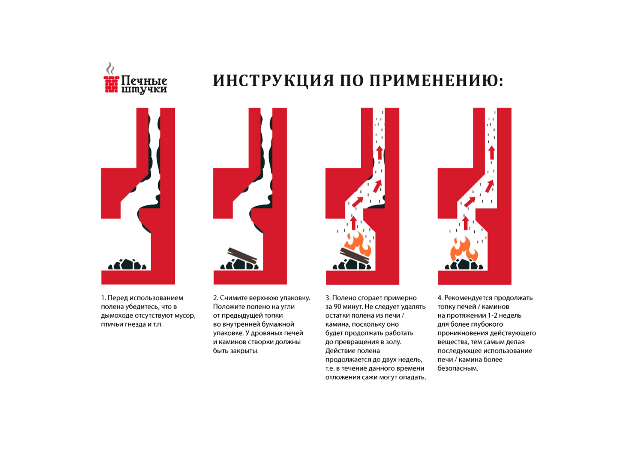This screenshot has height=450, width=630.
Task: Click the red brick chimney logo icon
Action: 111,84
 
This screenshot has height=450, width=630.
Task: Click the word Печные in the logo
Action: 144,81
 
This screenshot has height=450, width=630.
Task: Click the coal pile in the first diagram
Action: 127,264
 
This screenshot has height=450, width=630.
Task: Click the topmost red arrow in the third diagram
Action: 379,152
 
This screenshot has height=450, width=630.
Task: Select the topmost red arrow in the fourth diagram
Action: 492,152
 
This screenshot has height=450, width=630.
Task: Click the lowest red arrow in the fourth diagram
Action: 465,223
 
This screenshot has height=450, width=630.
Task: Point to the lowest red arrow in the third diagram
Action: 354,223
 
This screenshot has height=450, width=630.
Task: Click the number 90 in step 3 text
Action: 337,307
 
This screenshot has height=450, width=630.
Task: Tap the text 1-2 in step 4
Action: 492,315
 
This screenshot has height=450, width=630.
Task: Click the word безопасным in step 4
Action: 458,368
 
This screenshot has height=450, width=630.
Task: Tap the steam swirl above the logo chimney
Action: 110,68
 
